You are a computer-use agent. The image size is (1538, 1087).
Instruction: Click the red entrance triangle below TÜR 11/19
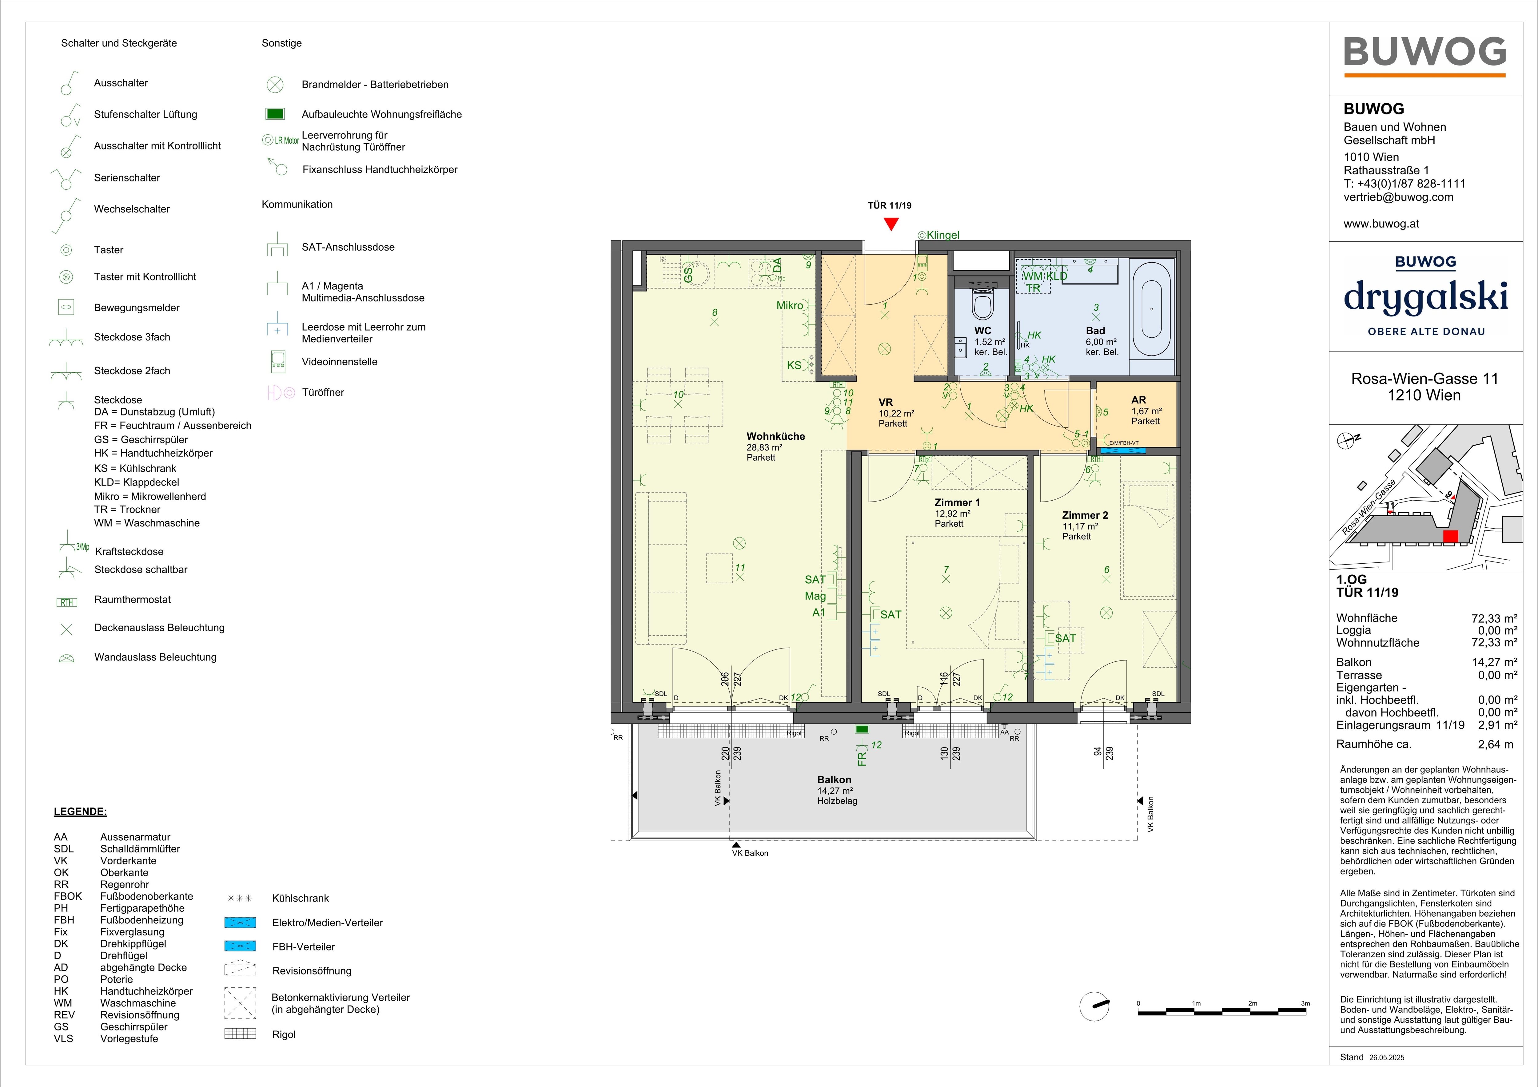(x=890, y=224)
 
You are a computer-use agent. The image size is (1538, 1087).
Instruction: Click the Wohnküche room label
(x=776, y=436)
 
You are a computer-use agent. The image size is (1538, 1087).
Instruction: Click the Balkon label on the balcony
(x=834, y=780)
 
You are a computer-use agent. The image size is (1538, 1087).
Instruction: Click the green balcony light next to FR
(x=862, y=729)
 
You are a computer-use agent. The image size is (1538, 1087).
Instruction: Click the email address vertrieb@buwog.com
(x=1399, y=197)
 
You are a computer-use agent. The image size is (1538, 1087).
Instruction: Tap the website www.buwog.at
(x=1381, y=224)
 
